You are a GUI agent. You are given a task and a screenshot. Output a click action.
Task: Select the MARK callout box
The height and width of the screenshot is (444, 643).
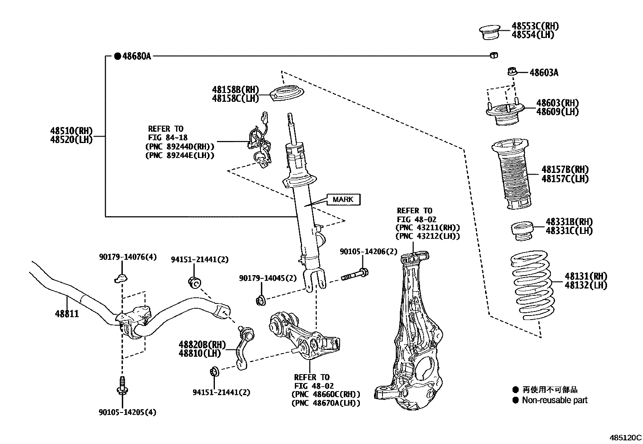(343, 199)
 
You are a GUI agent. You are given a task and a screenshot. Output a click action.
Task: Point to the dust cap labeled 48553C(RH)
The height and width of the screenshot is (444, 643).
(490, 32)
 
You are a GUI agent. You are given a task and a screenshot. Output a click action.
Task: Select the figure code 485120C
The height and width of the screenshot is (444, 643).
(626, 438)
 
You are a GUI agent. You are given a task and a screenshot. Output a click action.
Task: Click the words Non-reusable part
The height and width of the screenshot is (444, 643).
(555, 400)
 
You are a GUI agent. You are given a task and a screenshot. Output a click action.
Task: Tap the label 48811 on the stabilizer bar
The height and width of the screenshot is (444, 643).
(67, 314)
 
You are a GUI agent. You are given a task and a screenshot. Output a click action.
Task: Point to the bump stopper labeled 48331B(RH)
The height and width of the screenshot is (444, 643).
(522, 231)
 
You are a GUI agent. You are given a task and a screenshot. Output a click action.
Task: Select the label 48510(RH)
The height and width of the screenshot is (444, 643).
(71, 131)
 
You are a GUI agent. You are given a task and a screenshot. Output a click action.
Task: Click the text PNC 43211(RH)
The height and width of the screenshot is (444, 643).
(428, 228)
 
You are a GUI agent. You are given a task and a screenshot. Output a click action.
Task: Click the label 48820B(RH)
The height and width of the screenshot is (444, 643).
(202, 344)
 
